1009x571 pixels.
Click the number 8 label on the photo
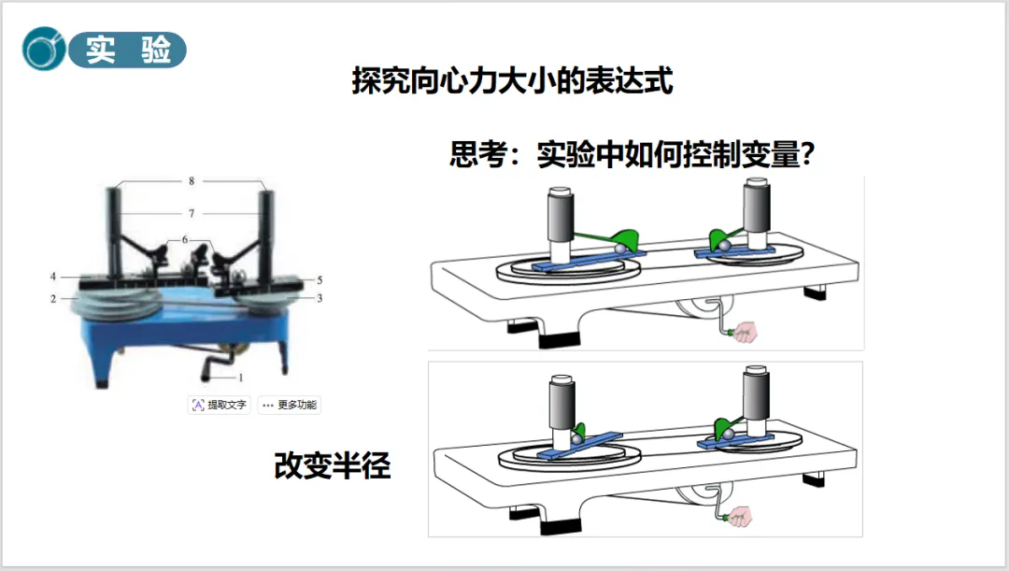(192, 180)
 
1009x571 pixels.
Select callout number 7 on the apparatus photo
(191, 213)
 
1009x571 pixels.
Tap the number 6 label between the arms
(185, 240)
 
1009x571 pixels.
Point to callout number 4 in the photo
(54, 277)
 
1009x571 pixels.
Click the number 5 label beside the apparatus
(320, 279)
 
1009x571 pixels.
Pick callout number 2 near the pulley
(54, 298)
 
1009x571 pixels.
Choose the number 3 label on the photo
(320, 298)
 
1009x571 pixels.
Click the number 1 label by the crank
(241, 378)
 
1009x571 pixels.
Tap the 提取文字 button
(220, 405)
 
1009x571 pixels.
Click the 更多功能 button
(290, 405)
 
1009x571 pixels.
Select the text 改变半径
(332, 465)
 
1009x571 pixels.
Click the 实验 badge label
(129, 50)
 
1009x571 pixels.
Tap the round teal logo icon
(44, 50)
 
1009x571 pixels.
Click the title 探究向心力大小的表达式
(512, 81)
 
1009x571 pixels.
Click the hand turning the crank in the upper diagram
(746, 331)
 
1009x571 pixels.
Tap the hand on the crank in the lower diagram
(744, 516)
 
